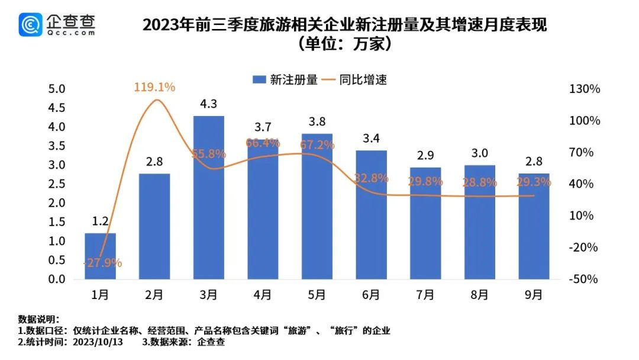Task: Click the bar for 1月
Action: click(100, 256)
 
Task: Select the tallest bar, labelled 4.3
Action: click(208, 197)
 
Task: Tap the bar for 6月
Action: click(371, 214)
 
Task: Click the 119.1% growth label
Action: click(154, 88)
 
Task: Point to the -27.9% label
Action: click(102, 263)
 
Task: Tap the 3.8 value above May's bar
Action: click(317, 123)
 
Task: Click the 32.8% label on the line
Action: click(371, 178)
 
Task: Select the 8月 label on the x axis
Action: click(479, 294)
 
